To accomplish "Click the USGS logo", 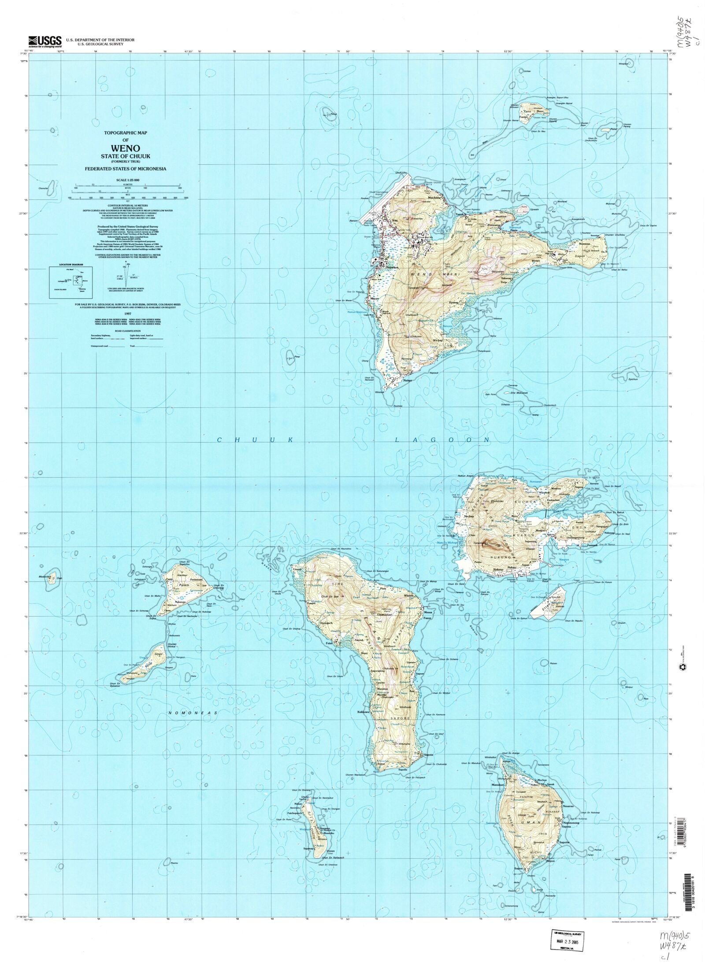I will point(45,41).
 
